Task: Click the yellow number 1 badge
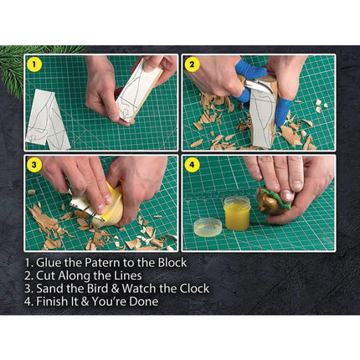[x=34, y=64]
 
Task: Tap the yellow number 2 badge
[x=191, y=64]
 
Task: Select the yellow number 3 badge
[x=34, y=164]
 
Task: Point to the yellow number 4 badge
[x=191, y=164]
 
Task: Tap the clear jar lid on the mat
[x=208, y=226]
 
